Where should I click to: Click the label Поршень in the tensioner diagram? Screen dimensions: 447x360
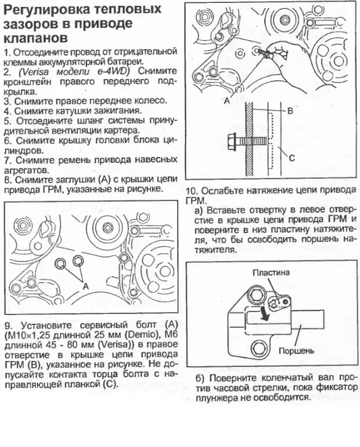(x=296, y=351)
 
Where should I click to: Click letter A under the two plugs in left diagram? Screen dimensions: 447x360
(x=85, y=286)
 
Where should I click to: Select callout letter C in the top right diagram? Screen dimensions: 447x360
(x=291, y=158)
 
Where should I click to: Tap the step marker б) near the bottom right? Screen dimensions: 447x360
(x=198, y=377)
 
